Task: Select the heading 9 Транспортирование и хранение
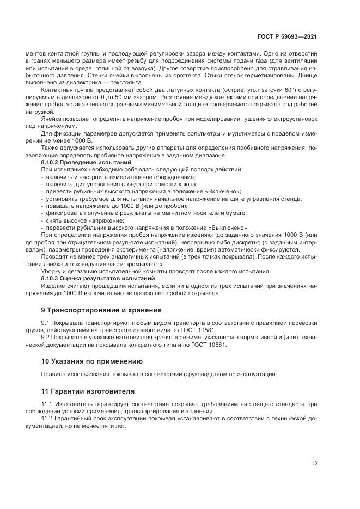pyautogui.click(x=101, y=310)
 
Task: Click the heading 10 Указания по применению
pyautogui.click(x=92, y=361)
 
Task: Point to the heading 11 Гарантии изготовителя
pyautogui.click(x=88, y=391)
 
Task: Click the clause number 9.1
pyautogui.click(x=47, y=323)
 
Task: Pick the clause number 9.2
pyautogui.click(x=47, y=338)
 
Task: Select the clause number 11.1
pyautogui.click(x=48, y=404)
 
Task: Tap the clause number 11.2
pyautogui.click(x=48, y=419)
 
